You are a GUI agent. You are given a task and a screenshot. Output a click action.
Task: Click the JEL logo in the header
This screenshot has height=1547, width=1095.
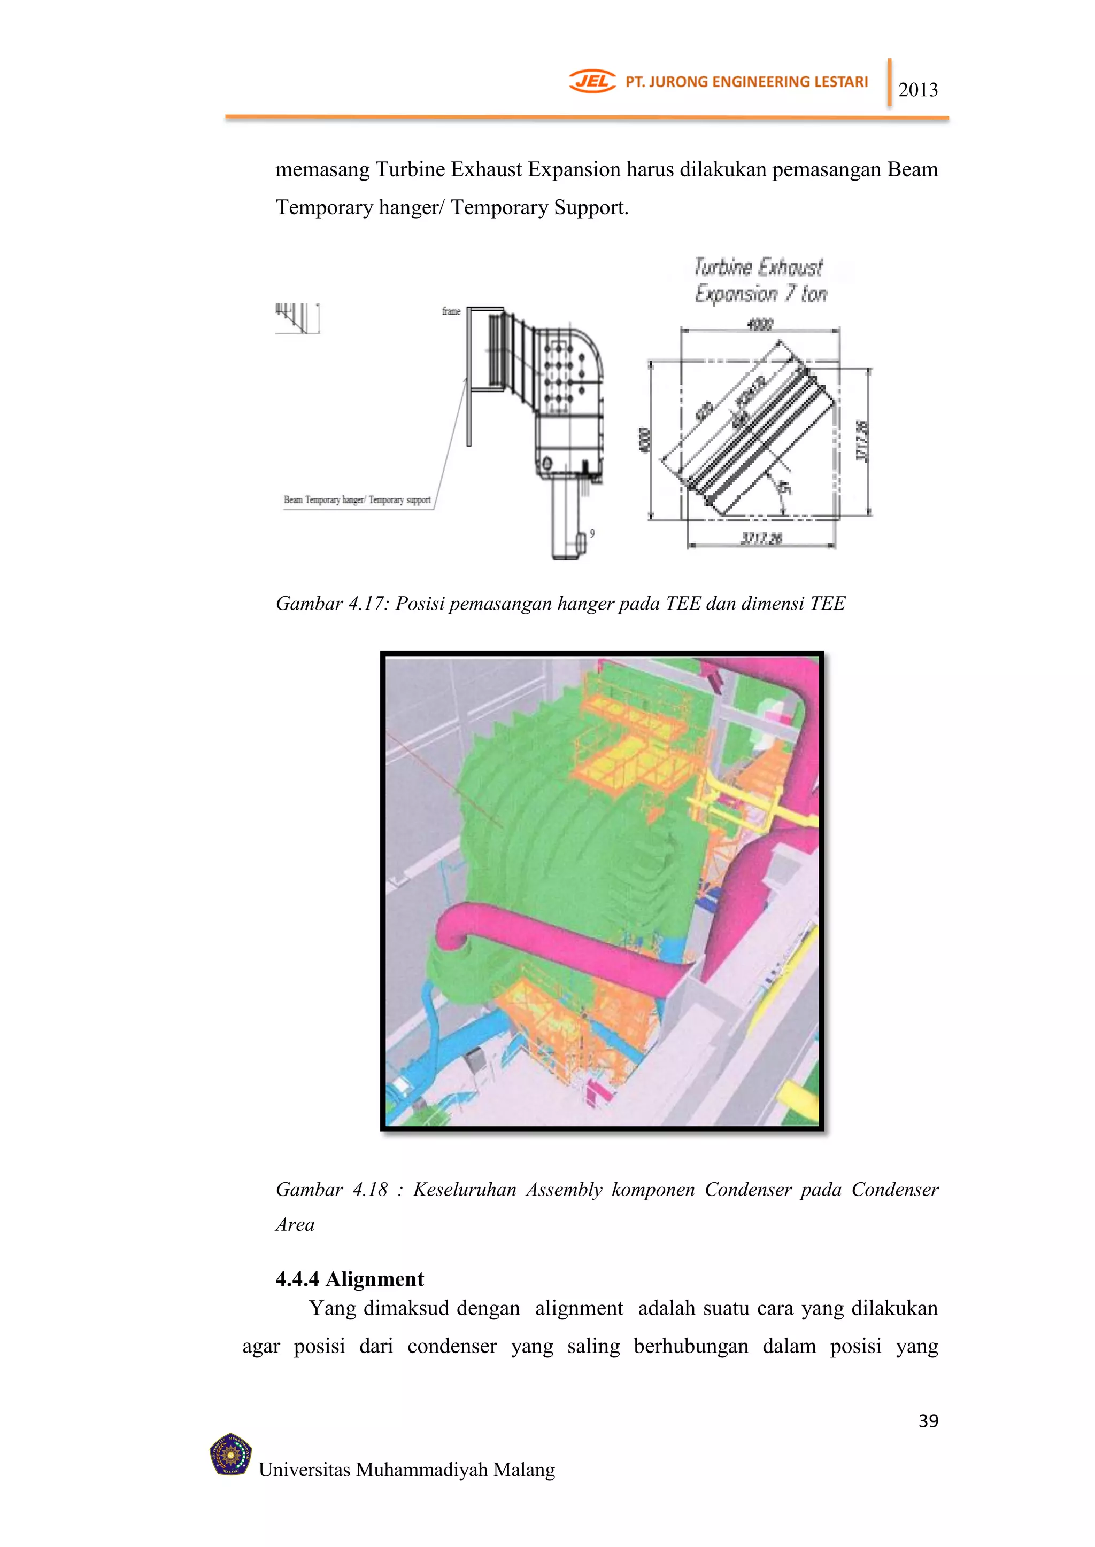click(x=592, y=82)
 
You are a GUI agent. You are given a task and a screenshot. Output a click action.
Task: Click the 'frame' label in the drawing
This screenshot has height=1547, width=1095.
click(x=451, y=311)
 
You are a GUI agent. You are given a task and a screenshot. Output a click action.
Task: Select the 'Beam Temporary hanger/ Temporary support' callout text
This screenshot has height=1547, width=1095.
click(x=357, y=500)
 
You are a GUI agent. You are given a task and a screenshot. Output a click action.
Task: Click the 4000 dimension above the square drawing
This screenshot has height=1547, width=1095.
click(x=760, y=325)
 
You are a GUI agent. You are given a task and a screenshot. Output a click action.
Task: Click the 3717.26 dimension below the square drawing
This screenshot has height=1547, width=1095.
click(x=761, y=538)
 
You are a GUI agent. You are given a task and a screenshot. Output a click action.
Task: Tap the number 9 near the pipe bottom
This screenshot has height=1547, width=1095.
click(x=592, y=534)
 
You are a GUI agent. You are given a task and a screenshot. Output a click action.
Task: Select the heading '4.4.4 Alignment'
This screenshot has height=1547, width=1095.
click(x=349, y=1278)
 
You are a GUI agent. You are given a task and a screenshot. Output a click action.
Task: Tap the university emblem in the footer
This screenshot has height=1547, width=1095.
click(x=230, y=1454)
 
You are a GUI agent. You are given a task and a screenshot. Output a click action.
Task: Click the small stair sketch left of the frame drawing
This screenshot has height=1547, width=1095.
click(x=297, y=318)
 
